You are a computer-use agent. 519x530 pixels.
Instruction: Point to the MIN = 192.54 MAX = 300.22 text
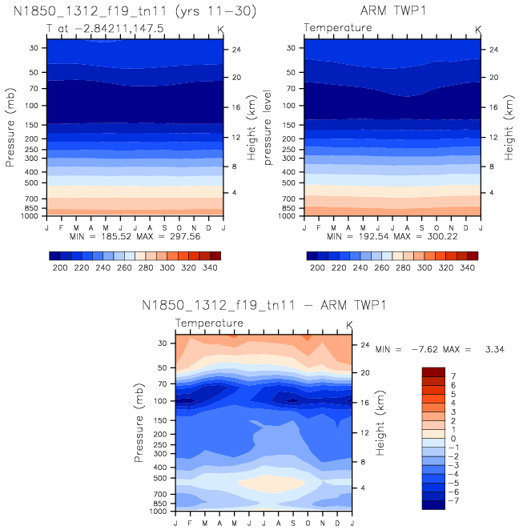(x=392, y=237)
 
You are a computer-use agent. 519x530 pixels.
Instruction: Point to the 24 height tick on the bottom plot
(x=363, y=345)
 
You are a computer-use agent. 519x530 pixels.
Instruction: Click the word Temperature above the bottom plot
(x=209, y=323)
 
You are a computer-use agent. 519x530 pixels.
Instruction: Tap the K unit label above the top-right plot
(x=478, y=30)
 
